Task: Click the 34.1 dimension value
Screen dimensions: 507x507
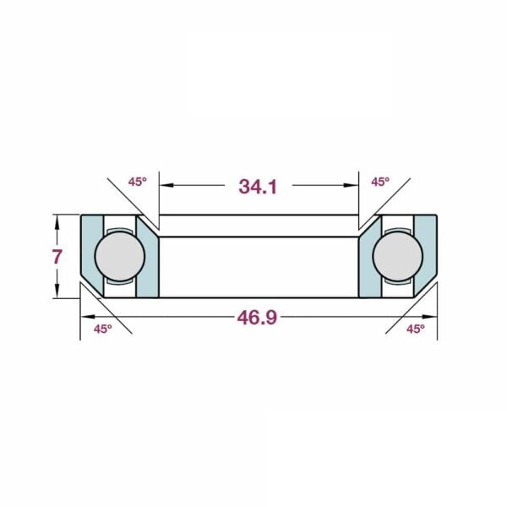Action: pyautogui.click(x=258, y=187)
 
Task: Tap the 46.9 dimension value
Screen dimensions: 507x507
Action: pyautogui.click(x=258, y=317)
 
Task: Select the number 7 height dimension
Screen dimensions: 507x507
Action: pyautogui.click(x=57, y=257)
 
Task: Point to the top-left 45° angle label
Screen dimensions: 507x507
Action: pyautogui.click(x=138, y=182)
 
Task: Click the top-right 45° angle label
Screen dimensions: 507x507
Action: pyautogui.click(x=380, y=182)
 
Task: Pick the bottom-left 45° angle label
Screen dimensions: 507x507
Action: pyautogui.click(x=103, y=330)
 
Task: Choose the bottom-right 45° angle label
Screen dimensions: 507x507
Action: pyautogui.click(x=416, y=330)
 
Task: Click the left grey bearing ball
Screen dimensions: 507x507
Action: pyautogui.click(x=120, y=256)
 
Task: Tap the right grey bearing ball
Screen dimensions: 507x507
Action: pyautogui.click(x=398, y=256)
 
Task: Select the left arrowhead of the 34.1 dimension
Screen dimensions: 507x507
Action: pyautogui.click(x=166, y=185)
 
